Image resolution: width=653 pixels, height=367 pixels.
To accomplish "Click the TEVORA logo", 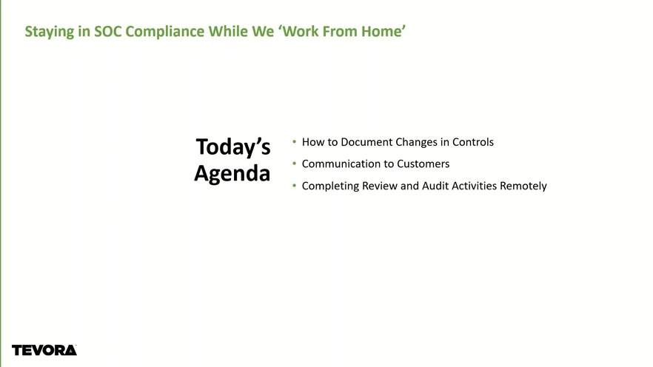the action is [x=44, y=351].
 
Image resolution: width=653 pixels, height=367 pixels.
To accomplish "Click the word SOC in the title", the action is [x=108, y=32].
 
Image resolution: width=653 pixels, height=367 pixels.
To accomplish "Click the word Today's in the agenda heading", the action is [x=233, y=147].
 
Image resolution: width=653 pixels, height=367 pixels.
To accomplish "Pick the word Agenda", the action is [x=232, y=174].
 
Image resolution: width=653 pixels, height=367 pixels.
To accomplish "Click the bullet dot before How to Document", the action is [x=295, y=142].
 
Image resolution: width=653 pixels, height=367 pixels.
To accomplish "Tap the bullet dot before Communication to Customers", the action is [x=295, y=164].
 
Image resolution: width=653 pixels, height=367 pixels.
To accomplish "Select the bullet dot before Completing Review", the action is [x=295, y=186].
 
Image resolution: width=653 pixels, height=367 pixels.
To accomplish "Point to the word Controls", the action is [x=473, y=142].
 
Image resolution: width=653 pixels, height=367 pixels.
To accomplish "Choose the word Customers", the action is [x=423, y=164].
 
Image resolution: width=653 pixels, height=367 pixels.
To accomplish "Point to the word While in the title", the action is [x=228, y=32].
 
